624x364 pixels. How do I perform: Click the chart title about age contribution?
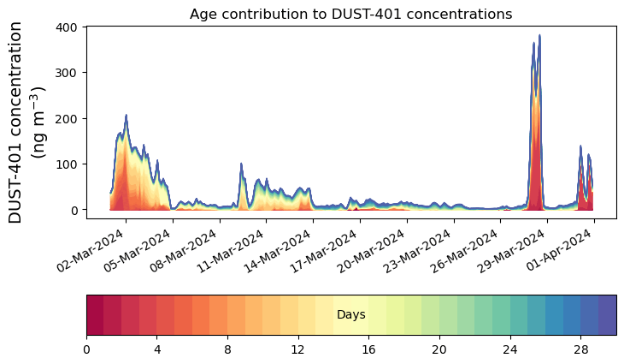[350, 14]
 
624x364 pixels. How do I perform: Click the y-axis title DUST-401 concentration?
[30, 122]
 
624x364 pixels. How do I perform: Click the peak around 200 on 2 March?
[126, 116]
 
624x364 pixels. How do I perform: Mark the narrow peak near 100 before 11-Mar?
[241, 164]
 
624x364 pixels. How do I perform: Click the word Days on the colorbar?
[350, 315]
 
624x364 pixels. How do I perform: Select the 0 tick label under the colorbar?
[86, 349]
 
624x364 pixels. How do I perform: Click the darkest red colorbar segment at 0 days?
[95, 314]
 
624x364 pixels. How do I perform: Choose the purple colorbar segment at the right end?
[608, 314]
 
